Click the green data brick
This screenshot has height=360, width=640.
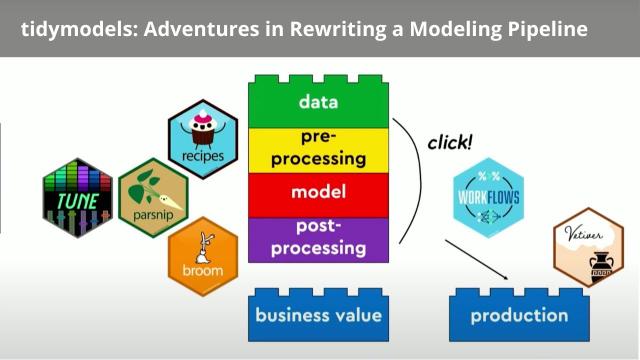(318, 102)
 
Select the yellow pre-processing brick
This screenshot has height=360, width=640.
(318, 148)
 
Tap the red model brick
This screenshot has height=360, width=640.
(318, 192)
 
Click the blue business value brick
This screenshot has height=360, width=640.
(318, 316)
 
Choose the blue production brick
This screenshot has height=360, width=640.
(519, 316)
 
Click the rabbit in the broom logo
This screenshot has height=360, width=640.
(206, 244)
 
